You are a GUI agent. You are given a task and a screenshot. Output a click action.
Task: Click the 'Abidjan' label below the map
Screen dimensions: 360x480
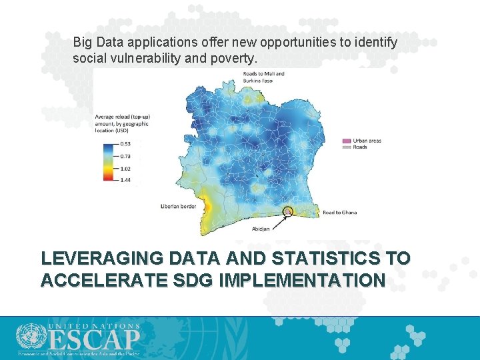coord(261,229)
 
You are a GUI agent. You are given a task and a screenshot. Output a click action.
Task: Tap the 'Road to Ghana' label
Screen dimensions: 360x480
coord(339,213)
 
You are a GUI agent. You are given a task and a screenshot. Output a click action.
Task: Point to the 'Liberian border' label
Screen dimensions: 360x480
coord(178,206)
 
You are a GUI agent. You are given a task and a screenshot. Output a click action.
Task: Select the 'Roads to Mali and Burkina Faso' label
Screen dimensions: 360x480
coord(263,77)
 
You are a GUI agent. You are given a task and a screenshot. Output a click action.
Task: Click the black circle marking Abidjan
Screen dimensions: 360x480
coord(288,212)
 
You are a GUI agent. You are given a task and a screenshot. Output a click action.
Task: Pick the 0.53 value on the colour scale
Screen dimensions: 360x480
coord(125,143)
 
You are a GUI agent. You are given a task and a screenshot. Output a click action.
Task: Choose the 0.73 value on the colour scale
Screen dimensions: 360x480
coord(125,155)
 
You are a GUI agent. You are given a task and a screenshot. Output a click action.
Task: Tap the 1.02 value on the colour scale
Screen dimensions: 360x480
coord(125,168)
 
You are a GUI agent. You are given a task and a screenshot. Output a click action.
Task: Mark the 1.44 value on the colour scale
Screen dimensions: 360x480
coord(125,180)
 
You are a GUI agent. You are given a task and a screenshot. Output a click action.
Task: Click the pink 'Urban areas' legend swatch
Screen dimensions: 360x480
coord(346,141)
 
